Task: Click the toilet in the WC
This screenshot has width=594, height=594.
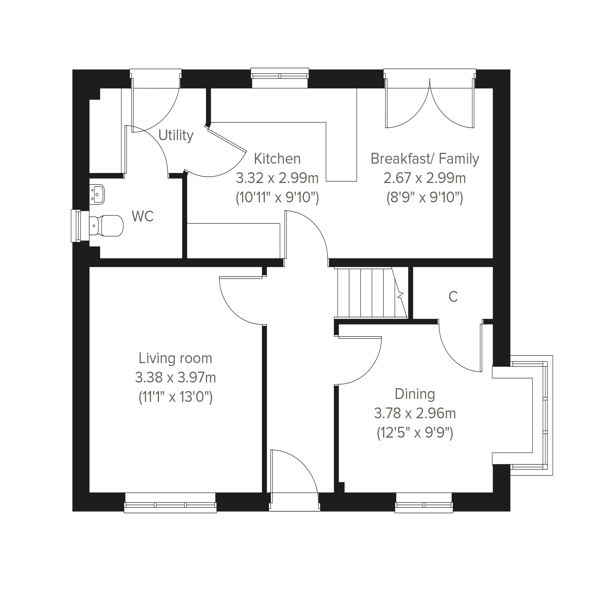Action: point(106,226)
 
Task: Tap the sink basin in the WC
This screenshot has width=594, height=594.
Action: point(97,194)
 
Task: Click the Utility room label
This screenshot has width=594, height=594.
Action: point(176,136)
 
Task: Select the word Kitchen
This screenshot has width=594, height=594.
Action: point(277,159)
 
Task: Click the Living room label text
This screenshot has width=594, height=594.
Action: point(175,358)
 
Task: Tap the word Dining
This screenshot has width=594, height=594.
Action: point(415,395)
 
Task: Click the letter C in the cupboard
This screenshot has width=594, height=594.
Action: point(453,297)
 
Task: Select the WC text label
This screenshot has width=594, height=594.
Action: point(143,216)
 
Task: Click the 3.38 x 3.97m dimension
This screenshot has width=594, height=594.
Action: point(175,378)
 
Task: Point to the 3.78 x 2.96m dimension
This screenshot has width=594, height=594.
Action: point(415,414)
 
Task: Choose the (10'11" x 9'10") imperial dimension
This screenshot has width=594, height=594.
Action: point(277,197)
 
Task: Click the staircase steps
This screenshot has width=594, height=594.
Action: point(371,292)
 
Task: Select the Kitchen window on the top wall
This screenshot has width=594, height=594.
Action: point(280,75)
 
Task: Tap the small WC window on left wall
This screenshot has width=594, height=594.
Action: point(76,226)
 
